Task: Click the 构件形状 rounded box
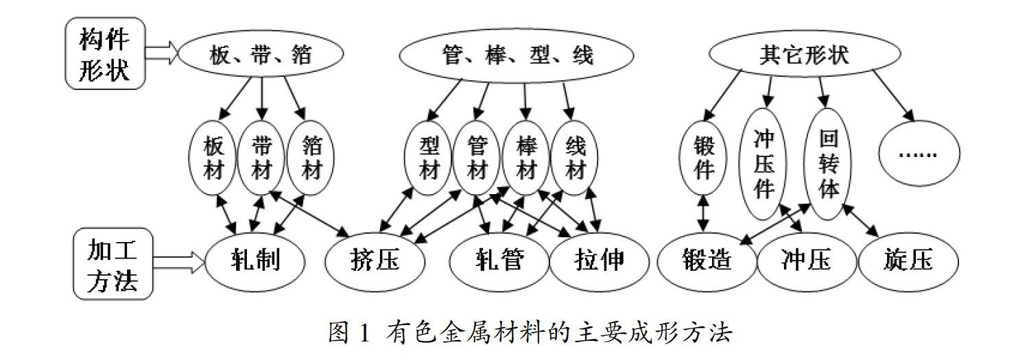(105, 53)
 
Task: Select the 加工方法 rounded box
(113, 263)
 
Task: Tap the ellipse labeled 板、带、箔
(261, 53)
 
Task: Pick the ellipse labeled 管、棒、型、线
(517, 56)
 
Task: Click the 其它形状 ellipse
(805, 53)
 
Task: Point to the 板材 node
(212, 158)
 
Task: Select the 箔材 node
(311, 158)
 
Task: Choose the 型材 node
(428, 158)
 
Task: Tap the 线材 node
(575, 158)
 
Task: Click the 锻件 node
(703, 158)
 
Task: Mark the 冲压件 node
(763, 164)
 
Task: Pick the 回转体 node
(828, 164)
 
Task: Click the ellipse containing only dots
(919, 154)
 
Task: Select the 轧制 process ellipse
(255, 261)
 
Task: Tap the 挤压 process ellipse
(375, 261)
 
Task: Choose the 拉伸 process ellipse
(600, 261)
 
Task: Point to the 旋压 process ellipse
(908, 261)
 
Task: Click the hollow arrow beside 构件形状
(162, 53)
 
